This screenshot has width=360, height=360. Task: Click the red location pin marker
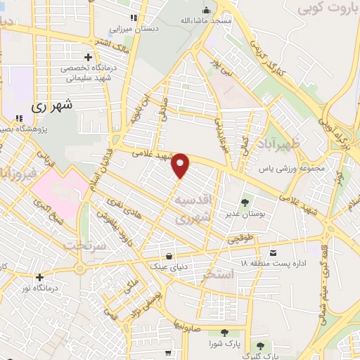(181, 165)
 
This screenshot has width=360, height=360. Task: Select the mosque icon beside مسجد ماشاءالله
(206, 11)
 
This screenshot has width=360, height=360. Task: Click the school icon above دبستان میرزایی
(134, 18)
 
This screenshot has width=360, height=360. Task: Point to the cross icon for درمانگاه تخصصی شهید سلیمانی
(87, 56)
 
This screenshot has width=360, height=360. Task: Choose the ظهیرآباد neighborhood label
(295, 145)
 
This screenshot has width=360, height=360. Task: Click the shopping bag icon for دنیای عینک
(169, 255)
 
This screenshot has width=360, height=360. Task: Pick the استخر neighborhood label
(217, 274)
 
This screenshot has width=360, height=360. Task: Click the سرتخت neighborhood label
(84, 245)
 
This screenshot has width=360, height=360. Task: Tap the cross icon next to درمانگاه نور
(40, 277)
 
